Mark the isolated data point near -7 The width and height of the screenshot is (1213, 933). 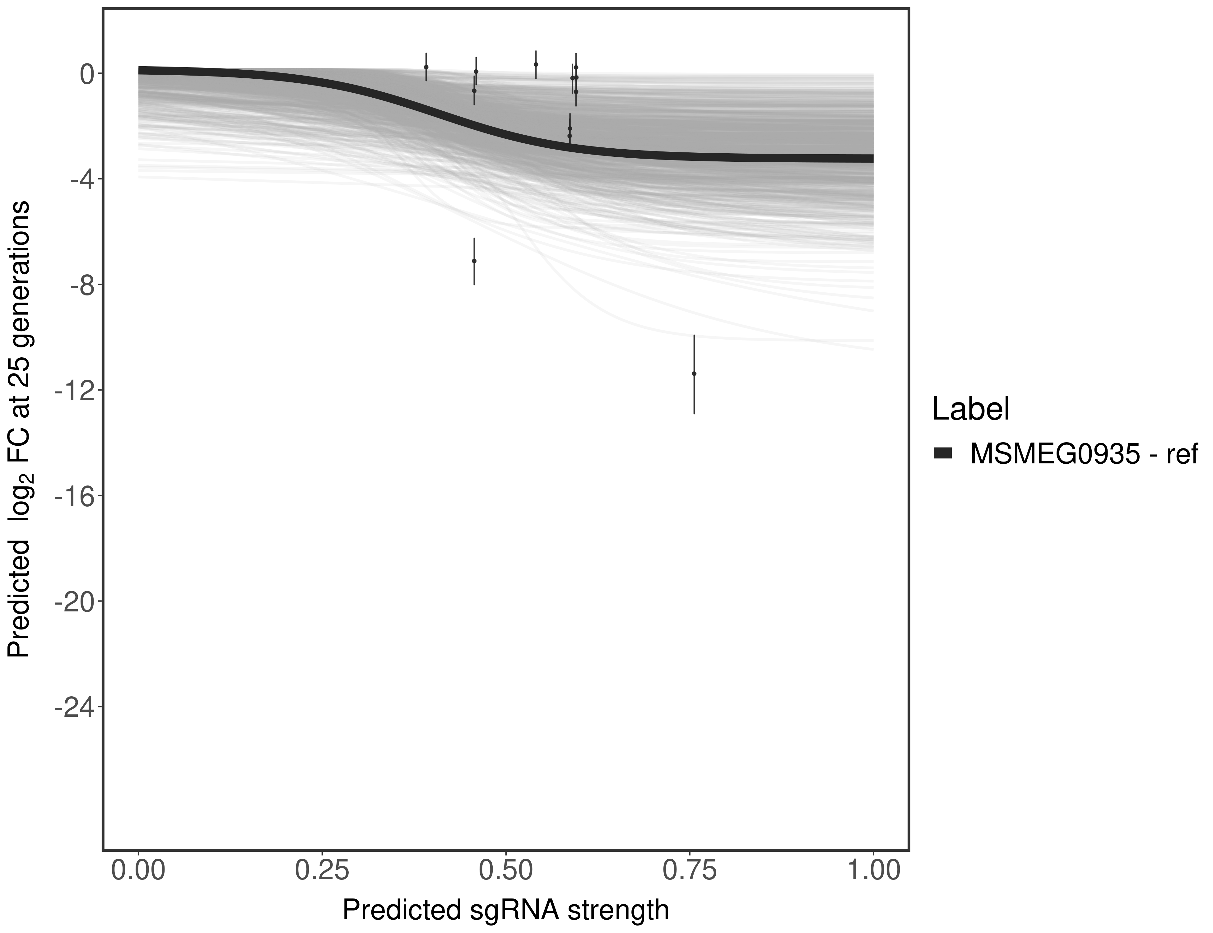pos(474,261)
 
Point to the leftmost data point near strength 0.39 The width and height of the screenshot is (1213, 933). pos(426,67)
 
